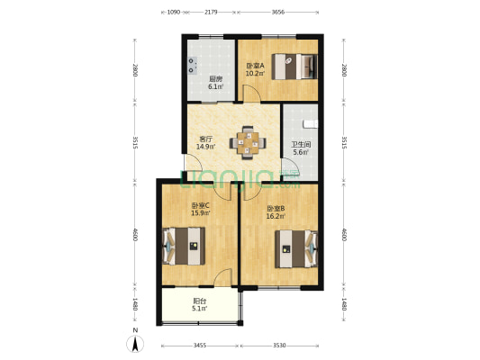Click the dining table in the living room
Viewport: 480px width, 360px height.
248,141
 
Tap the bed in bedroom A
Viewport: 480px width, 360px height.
297,67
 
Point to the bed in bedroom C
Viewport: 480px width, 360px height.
183,244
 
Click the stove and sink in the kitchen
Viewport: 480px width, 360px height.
193,65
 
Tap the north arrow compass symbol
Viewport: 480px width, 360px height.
135,342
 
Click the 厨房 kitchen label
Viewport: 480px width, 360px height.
215,78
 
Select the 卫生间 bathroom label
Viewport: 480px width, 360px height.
301,143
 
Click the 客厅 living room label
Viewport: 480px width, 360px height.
205,139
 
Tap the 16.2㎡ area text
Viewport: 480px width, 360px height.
276,217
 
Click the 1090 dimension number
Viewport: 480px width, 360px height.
174,13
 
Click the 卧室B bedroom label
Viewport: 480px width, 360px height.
276,208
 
